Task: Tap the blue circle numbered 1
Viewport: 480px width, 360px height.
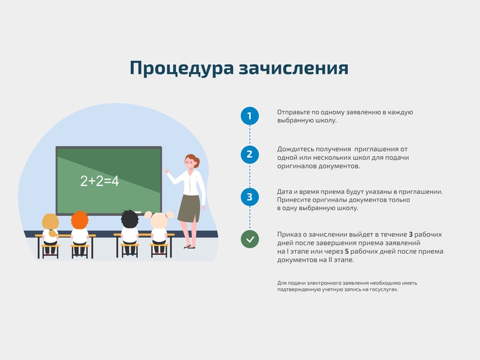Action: (x=250, y=115)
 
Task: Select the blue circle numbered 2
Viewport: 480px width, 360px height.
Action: (x=250, y=154)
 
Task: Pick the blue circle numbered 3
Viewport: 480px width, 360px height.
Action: (x=250, y=196)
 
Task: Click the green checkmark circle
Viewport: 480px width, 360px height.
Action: (x=250, y=239)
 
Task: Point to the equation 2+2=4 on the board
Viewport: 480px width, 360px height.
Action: (x=100, y=181)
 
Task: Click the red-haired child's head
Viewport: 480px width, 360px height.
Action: (x=79, y=220)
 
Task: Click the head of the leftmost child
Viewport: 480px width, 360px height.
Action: (x=50, y=222)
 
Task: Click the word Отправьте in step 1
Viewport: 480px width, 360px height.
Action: (x=293, y=112)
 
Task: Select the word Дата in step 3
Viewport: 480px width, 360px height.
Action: (x=285, y=191)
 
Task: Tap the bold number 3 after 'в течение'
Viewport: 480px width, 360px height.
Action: (x=410, y=234)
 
